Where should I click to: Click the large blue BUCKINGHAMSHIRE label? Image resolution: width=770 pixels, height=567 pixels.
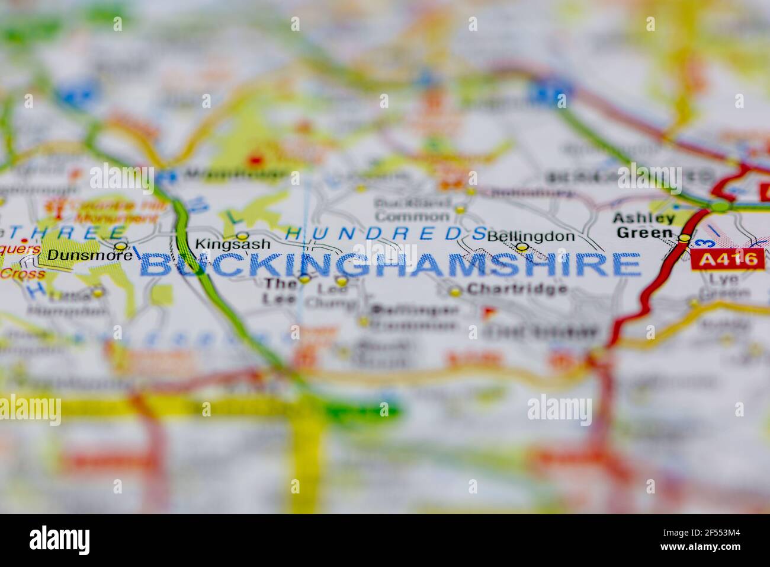pos(390,265)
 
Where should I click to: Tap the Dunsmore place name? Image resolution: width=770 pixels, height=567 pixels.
pos(81,256)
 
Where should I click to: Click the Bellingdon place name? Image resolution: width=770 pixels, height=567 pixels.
pos(531,235)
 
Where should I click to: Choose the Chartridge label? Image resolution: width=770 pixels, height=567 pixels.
pos(516,289)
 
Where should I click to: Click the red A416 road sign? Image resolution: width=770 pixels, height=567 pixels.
pos(727,259)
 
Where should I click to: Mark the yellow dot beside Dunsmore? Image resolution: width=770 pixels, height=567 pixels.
pos(120,246)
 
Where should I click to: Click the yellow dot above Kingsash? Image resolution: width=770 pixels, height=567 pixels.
pos(242,235)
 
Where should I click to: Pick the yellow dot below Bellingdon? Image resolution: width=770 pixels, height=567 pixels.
pos(522,247)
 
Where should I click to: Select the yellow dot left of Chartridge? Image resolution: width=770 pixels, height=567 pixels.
pos(455,291)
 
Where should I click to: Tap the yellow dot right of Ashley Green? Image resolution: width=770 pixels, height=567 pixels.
pos(685,238)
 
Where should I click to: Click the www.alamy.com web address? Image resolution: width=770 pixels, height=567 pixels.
pos(701,546)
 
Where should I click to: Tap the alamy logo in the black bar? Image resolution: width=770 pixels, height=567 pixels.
pos(60,540)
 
